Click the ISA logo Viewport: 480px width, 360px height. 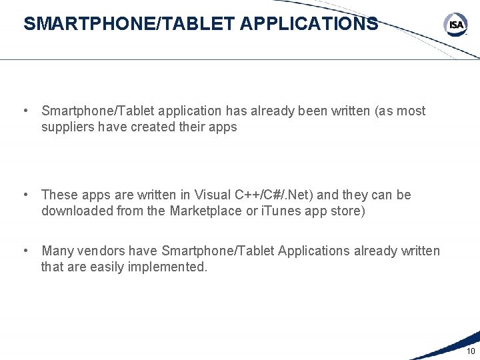pos(455,25)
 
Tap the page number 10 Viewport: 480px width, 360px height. pos(471,351)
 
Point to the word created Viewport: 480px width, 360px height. pos(149,127)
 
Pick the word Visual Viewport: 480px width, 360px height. pos(213,195)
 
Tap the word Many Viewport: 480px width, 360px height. pos(57,251)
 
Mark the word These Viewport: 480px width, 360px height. pos(59,195)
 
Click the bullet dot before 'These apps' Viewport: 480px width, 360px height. pos(25,195)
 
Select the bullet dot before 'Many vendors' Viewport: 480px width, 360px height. pos(25,251)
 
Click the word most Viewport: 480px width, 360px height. pos(411,111)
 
